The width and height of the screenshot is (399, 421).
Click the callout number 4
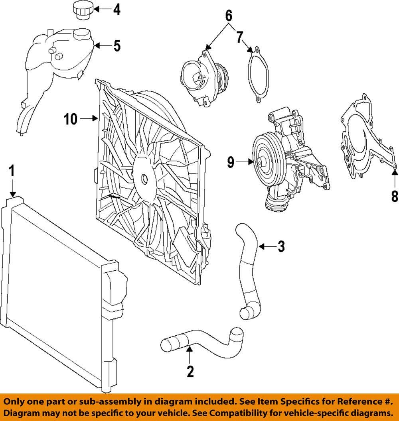pos(116,10)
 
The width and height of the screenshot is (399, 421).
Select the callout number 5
pos(117,46)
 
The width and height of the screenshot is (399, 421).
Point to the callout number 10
pos(71,119)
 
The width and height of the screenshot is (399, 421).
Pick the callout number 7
pos(239,37)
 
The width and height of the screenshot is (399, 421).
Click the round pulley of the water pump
pos(263,161)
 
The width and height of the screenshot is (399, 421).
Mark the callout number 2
pos(190,371)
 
